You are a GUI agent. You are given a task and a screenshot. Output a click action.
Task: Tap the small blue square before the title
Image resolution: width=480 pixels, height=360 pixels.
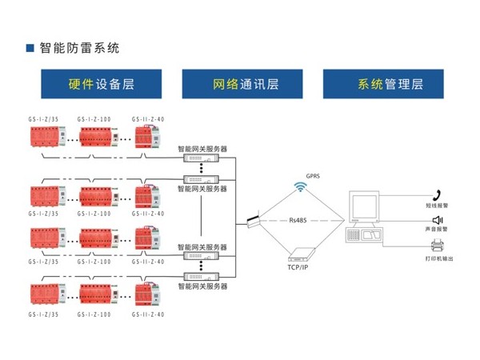pos(30,48)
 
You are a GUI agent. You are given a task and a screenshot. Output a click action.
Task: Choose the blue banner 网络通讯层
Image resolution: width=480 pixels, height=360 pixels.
pos(242,84)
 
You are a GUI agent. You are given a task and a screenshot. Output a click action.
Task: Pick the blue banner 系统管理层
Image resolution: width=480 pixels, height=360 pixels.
pos(383,84)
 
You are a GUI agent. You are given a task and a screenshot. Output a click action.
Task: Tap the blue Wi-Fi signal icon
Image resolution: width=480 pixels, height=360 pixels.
pos(301,188)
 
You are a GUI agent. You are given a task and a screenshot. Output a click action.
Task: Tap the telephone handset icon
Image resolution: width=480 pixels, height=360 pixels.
pos(438,194)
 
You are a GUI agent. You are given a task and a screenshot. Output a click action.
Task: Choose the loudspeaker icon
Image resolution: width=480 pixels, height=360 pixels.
pos(438,220)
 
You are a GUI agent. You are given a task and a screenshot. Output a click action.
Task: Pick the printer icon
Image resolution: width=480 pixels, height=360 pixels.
pos(438,245)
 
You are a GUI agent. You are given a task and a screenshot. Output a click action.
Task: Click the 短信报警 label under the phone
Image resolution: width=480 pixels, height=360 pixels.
pos(438,206)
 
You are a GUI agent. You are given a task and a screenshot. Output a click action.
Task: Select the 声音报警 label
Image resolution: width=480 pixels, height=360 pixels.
pos(438,230)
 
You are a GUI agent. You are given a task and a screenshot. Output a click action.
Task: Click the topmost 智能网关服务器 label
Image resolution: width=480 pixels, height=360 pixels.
pos(202,149)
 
